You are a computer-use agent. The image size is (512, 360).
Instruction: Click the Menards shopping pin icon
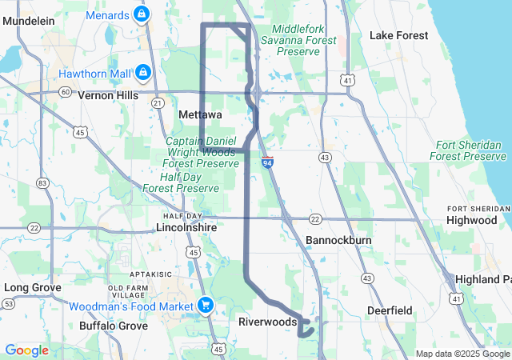142,14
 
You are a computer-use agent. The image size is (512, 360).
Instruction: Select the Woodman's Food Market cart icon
205,306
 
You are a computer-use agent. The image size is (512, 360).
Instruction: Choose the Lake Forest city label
398,35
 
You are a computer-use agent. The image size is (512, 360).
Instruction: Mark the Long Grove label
27,286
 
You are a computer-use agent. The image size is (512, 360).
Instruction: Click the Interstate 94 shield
267,162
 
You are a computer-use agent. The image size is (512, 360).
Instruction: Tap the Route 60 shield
64,91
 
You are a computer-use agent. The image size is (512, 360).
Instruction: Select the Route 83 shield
42,183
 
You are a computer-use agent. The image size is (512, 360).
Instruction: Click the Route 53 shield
8,304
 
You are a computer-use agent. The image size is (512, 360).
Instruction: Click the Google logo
26,350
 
